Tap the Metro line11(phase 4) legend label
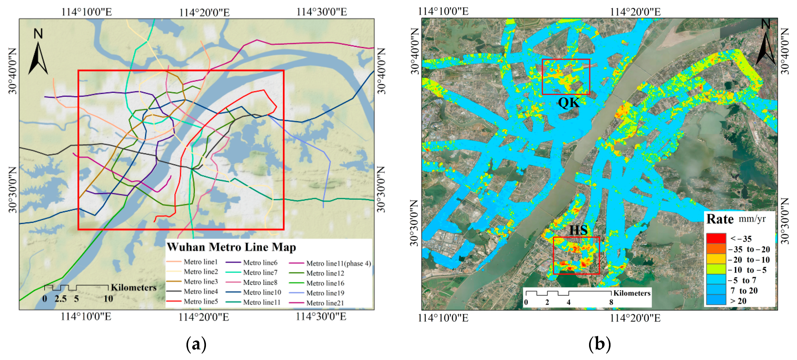(x=338, y=263)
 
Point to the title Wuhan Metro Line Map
(x=231, y=247)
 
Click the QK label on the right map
(x=568, y=102)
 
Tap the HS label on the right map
(x=578, y=230)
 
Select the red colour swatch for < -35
(x=716, y=238)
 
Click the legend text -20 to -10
(x=749, y=260)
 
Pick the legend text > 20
(x=738, y=301)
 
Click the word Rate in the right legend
(x=720, y=219)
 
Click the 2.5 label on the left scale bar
(x=60, y=298)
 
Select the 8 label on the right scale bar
(x=611, y=302)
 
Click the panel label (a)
(x=196, y=344)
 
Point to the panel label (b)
(x=599, y=344)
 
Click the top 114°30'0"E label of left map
(x=321, y=12)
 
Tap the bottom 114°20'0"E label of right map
(x=635, y=318)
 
